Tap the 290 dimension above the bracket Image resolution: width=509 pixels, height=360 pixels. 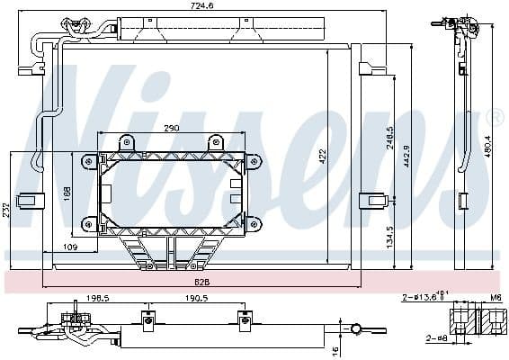click(171, 128)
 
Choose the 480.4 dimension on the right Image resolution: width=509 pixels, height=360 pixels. click(488, 143)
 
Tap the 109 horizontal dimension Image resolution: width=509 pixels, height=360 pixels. click(70, 247)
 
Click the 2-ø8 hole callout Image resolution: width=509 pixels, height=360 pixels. click(437, 338)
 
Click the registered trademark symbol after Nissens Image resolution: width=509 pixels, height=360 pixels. click(494, 118)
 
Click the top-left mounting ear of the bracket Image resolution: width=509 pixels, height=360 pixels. click(88, 161)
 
